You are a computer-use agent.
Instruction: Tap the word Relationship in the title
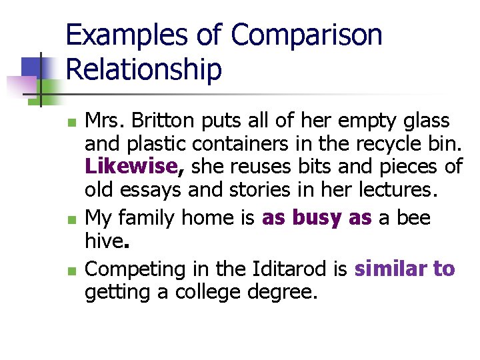[144, 69]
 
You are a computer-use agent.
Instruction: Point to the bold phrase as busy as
[317, 218]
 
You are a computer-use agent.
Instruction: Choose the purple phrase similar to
[405, 269]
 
